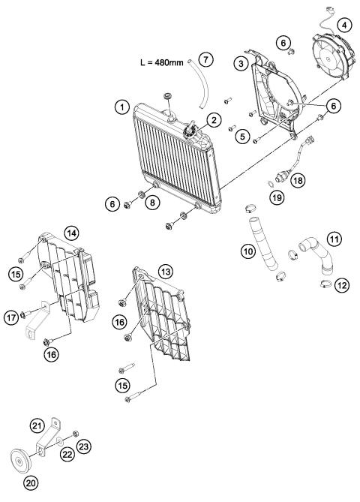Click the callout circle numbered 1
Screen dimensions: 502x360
pos(120,108)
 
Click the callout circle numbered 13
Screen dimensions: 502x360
pos(165,270)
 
